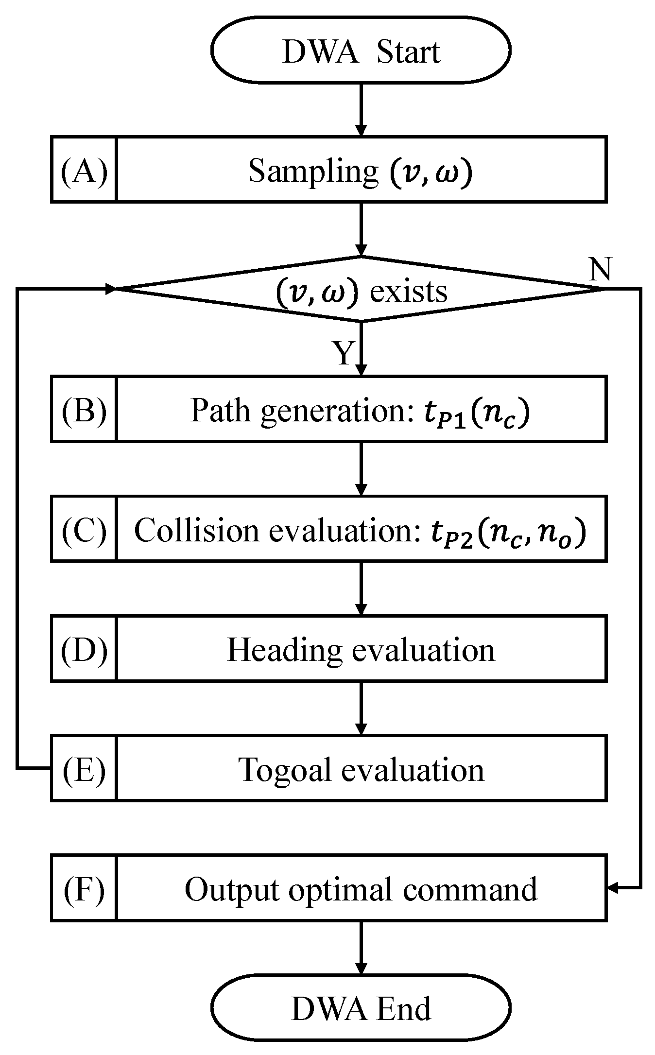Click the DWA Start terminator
tap(361, 51)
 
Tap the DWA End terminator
tap(361, 1009)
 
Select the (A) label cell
tap(84, 171)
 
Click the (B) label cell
tap(84, 410)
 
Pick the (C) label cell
tap(84, 529)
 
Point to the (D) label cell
tap(84, 649)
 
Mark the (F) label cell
tap(84, 889)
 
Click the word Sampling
tap(313, 172)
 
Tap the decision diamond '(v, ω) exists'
tap(361, 290)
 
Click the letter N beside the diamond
tap(600, 269)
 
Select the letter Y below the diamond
tap(344, 353)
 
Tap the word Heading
tap(284, 650)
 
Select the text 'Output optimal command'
tap(361, 889)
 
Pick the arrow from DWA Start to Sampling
tap(361, 109)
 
